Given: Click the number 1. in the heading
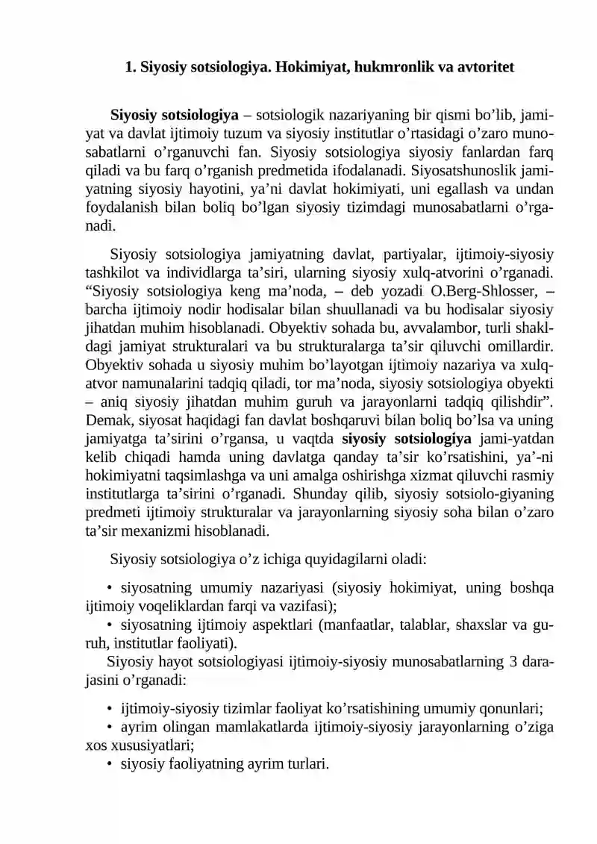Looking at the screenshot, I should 129,66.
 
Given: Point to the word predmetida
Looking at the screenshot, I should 325,172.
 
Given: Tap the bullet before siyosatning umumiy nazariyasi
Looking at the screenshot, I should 110,587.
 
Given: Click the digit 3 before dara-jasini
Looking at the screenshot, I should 516,661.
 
